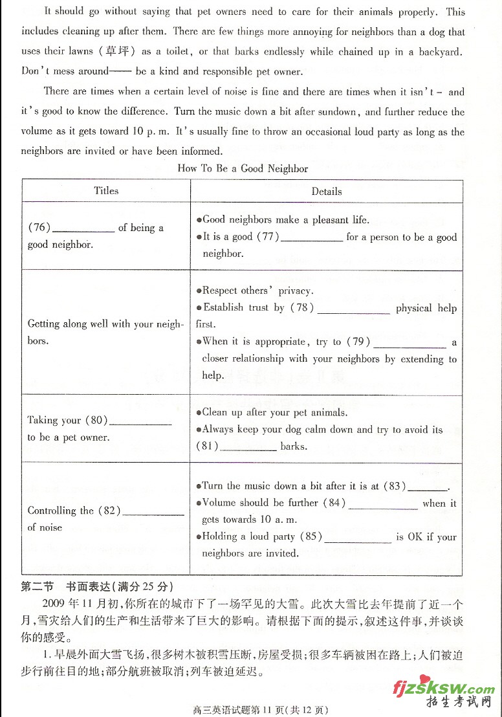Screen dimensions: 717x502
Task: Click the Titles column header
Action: coord(106,191)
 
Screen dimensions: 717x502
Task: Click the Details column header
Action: coord(327,192)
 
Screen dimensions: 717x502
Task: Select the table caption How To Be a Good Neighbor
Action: coord(243,168)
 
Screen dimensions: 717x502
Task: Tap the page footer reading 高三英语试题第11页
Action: coord(251,709)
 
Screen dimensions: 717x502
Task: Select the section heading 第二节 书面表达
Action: coord(97,587)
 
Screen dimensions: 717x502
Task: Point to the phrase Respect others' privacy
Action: coord(257,291)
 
